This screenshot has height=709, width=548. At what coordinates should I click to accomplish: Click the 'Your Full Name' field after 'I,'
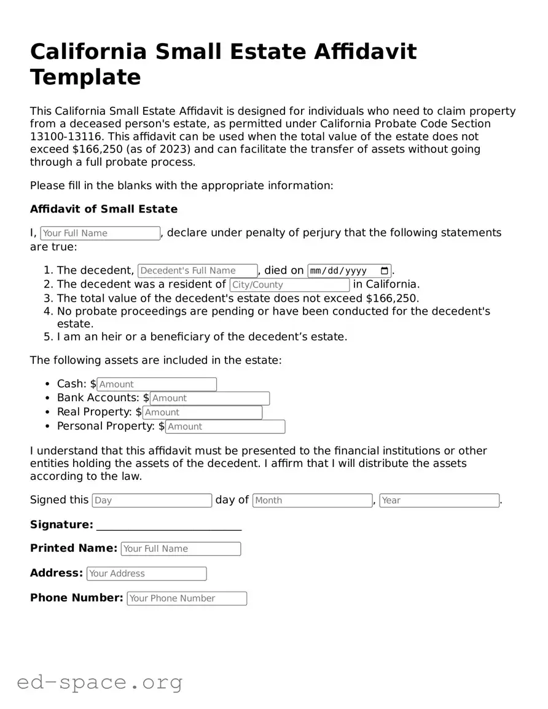coord(100,233)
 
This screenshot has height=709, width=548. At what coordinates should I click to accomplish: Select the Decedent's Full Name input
coord(197,271)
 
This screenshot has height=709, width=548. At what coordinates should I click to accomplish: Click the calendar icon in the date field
coord(385,271)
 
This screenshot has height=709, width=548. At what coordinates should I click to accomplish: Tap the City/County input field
coord(289,285)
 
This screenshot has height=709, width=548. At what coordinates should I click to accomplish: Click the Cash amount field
coord(157,385)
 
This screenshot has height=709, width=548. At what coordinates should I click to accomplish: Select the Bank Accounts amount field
coord(209,399)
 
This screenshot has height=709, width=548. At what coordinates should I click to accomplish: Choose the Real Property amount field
coord(202,413)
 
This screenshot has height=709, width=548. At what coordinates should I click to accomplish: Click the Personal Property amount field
coord(225,427)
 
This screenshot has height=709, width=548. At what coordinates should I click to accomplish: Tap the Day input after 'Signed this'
coord(152,501)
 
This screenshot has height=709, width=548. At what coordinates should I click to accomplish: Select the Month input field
coord(312,501)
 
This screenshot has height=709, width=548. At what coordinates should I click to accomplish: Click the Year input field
coord(439,501)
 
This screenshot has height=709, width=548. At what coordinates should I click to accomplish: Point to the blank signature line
coord(169,526)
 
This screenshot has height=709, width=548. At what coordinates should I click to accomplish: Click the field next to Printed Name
coord(181,549)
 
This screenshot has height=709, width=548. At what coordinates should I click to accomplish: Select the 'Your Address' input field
coord(146,574)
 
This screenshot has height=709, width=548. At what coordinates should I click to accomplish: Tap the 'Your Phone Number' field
coord(187,598)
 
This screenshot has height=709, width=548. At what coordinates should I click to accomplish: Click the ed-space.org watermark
coord(100,682)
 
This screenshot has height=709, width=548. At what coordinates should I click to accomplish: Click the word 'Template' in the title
coord(85,77)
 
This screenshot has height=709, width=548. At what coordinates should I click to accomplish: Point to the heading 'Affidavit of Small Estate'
coord(104,209)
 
